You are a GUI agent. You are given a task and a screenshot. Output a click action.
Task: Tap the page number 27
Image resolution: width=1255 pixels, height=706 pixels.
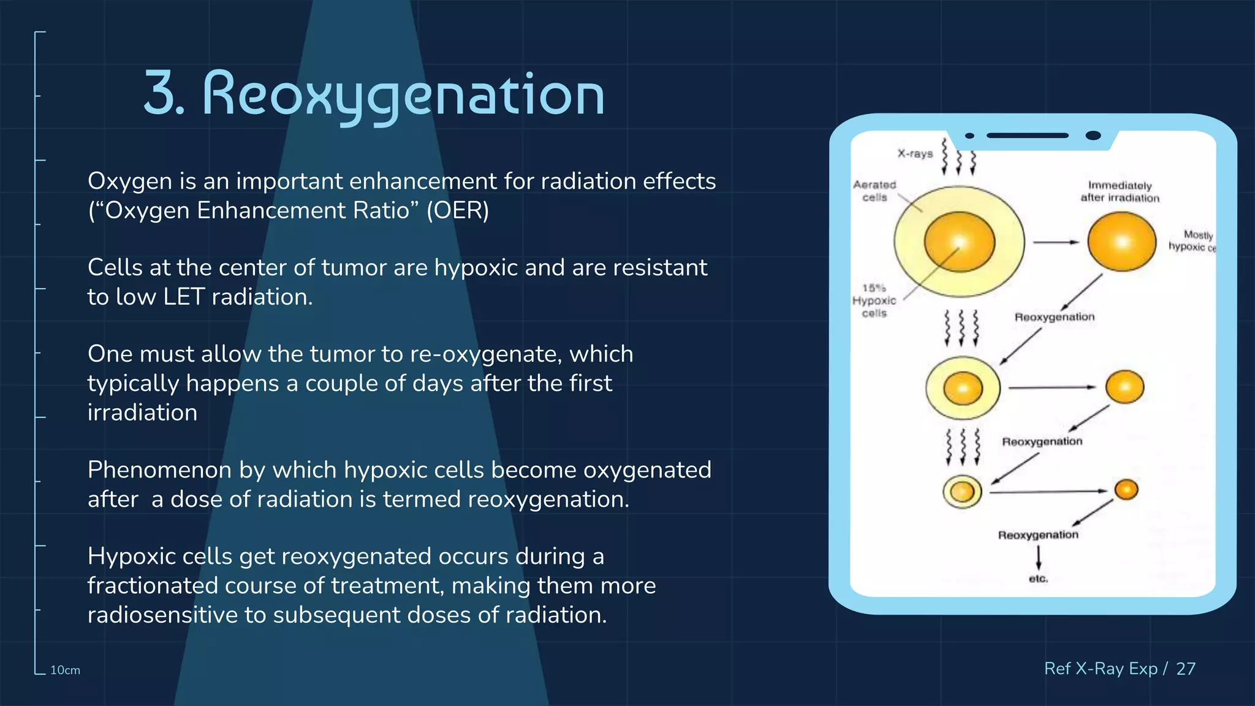pyautogui.click(x=1186, y=669)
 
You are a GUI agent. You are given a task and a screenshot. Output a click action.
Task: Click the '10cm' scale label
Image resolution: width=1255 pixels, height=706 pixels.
pyautogui.click(x=65, y=670)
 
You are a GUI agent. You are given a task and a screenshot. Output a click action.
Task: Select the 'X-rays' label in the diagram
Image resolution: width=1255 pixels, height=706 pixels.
pyautogui.click(x=915, y=154)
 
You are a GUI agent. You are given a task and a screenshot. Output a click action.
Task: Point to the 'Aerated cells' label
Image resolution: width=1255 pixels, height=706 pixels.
pyautogui.click(x=874, y=191)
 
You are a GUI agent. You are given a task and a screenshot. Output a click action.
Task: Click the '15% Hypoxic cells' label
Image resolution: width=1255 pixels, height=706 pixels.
pyautogui.click(x=874, y=300)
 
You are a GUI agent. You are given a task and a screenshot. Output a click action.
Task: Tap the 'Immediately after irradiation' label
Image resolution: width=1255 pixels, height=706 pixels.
pyautogui.click(x=1120, y=192)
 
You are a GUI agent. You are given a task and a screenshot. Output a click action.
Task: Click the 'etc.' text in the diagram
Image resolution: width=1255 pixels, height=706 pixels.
pyautogui.click(x=1038, y=579)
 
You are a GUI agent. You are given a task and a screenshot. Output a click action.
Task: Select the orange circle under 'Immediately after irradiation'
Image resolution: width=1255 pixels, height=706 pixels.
pyautogui.click(x=1121, y=241)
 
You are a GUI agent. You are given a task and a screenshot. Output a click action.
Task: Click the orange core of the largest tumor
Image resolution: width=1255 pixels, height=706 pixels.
pyautogui.click(x=959, y=241)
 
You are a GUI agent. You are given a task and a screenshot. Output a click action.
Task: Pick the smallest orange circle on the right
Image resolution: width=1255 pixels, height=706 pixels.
pyautogui.click(x=1126, y=490)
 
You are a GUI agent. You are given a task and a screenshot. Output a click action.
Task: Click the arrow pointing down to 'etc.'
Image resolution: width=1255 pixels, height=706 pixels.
pyautogui.click(x=1038, y=558)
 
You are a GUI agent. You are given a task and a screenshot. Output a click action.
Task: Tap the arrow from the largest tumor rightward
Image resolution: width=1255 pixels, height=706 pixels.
pyautogui.click(x=1055, y=243)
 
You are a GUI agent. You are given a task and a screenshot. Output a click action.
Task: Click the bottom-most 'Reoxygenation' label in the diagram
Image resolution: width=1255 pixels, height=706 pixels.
pyautogui.click(x=1038, y=535)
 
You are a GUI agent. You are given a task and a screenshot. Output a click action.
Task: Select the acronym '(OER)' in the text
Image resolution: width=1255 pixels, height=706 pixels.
pyautogui.click(x=458, y=211)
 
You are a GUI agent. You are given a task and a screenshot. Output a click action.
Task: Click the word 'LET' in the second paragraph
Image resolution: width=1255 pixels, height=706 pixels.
pyautogui.click(x=183, y=297)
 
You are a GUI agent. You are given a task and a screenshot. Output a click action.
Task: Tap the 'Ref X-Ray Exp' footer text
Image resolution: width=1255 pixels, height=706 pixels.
pyautogui.click(x=1101, y=669)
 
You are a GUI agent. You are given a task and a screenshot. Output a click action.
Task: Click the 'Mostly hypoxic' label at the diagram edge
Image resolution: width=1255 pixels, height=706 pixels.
pyautogui.click(x=1191, y=241)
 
